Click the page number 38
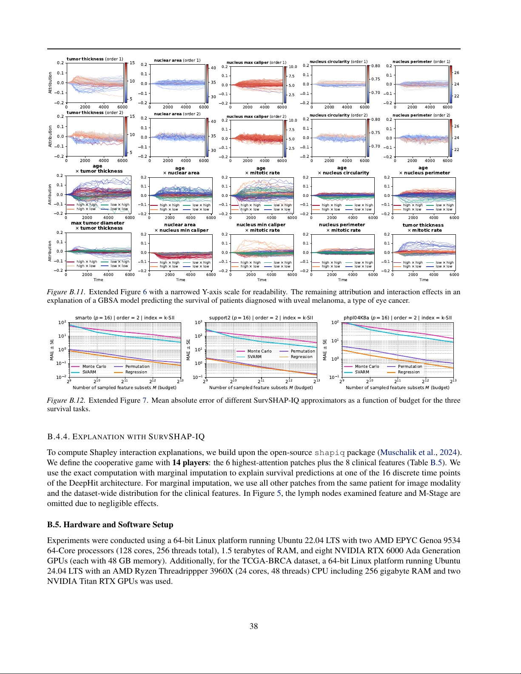pyautogui.click(x=253, y=626)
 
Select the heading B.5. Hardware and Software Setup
pyautogui.click(x=110, y=524)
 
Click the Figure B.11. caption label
pyautogui.click(x=66, y=292)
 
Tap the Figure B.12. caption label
pyautogui.click(x=66, y=400)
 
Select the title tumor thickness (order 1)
pyautogui.click(x=95, y=59)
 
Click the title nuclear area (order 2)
pyautogui.click(x=177, y=114)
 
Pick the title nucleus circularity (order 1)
pyautogui.click(x=339, y=62)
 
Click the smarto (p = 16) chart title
pyautogui.click(x=125, y=318)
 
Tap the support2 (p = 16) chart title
pyautogui.click(x=261, y=318)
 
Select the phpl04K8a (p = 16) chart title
pyautogui.click(x=397, y=318)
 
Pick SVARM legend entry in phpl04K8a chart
pyautogui.click(x=362, y=372)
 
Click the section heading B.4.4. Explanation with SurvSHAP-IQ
pyautogui.click(x=126, y=437)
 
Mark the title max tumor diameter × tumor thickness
pyautogui.click(x=98, y=225)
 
